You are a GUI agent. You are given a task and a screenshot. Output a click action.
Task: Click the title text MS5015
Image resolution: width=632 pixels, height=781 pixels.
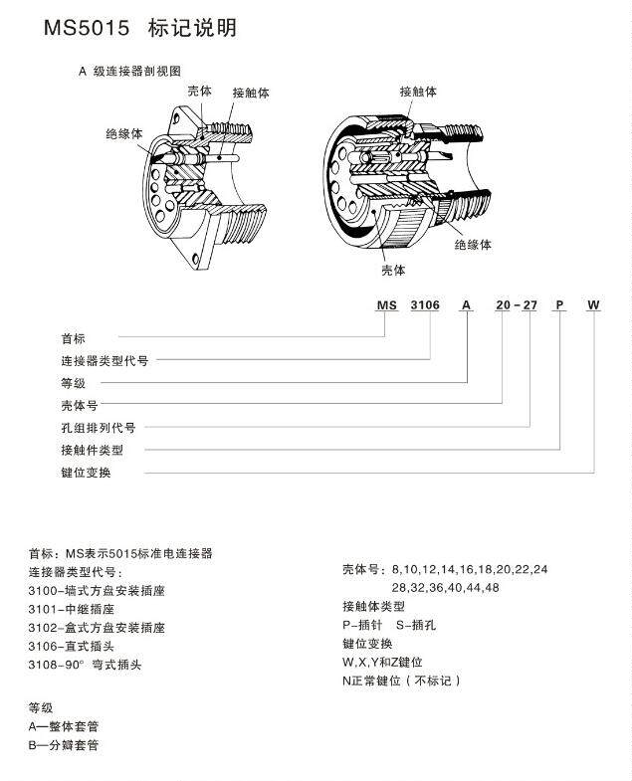[86, 28]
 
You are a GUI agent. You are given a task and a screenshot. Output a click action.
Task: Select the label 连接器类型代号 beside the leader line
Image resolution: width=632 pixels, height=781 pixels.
[105, 361]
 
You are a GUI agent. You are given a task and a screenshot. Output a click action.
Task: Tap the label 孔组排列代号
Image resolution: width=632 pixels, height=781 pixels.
[99, 427]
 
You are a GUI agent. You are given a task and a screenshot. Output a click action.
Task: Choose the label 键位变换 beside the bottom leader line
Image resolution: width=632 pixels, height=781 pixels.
[87, 472]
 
